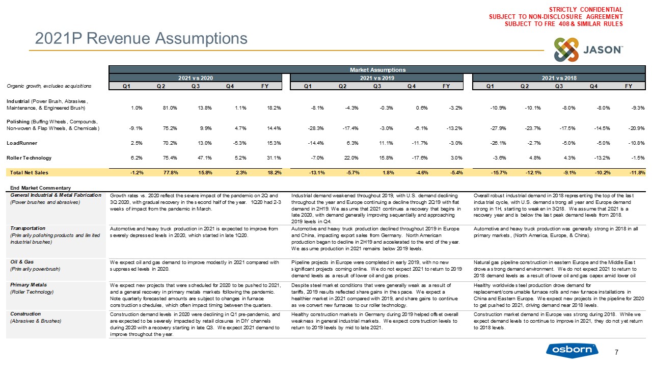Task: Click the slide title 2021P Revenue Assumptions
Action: point(141,38)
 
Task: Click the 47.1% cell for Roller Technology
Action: point(198,158)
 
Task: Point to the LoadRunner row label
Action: point(20,144)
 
